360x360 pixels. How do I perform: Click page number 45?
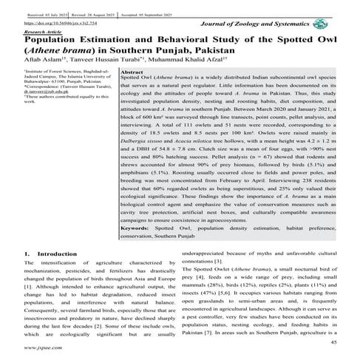pyautogui.click(x=333, y=342)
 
